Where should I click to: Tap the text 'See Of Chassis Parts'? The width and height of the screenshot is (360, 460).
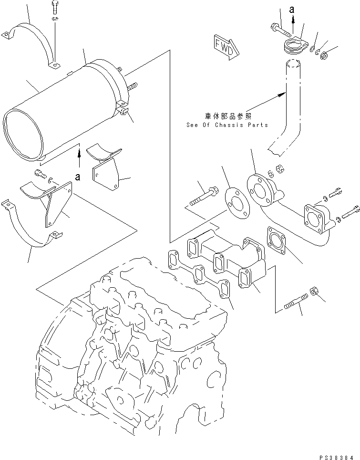pos(227,125)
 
